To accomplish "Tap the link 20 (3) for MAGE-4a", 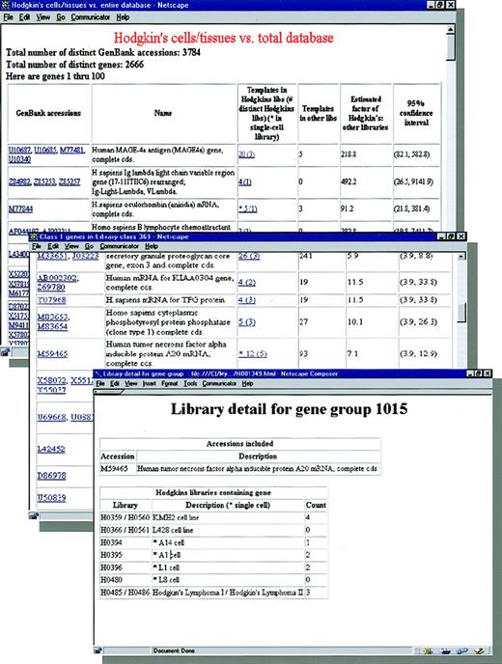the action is [x=247, y=153].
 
